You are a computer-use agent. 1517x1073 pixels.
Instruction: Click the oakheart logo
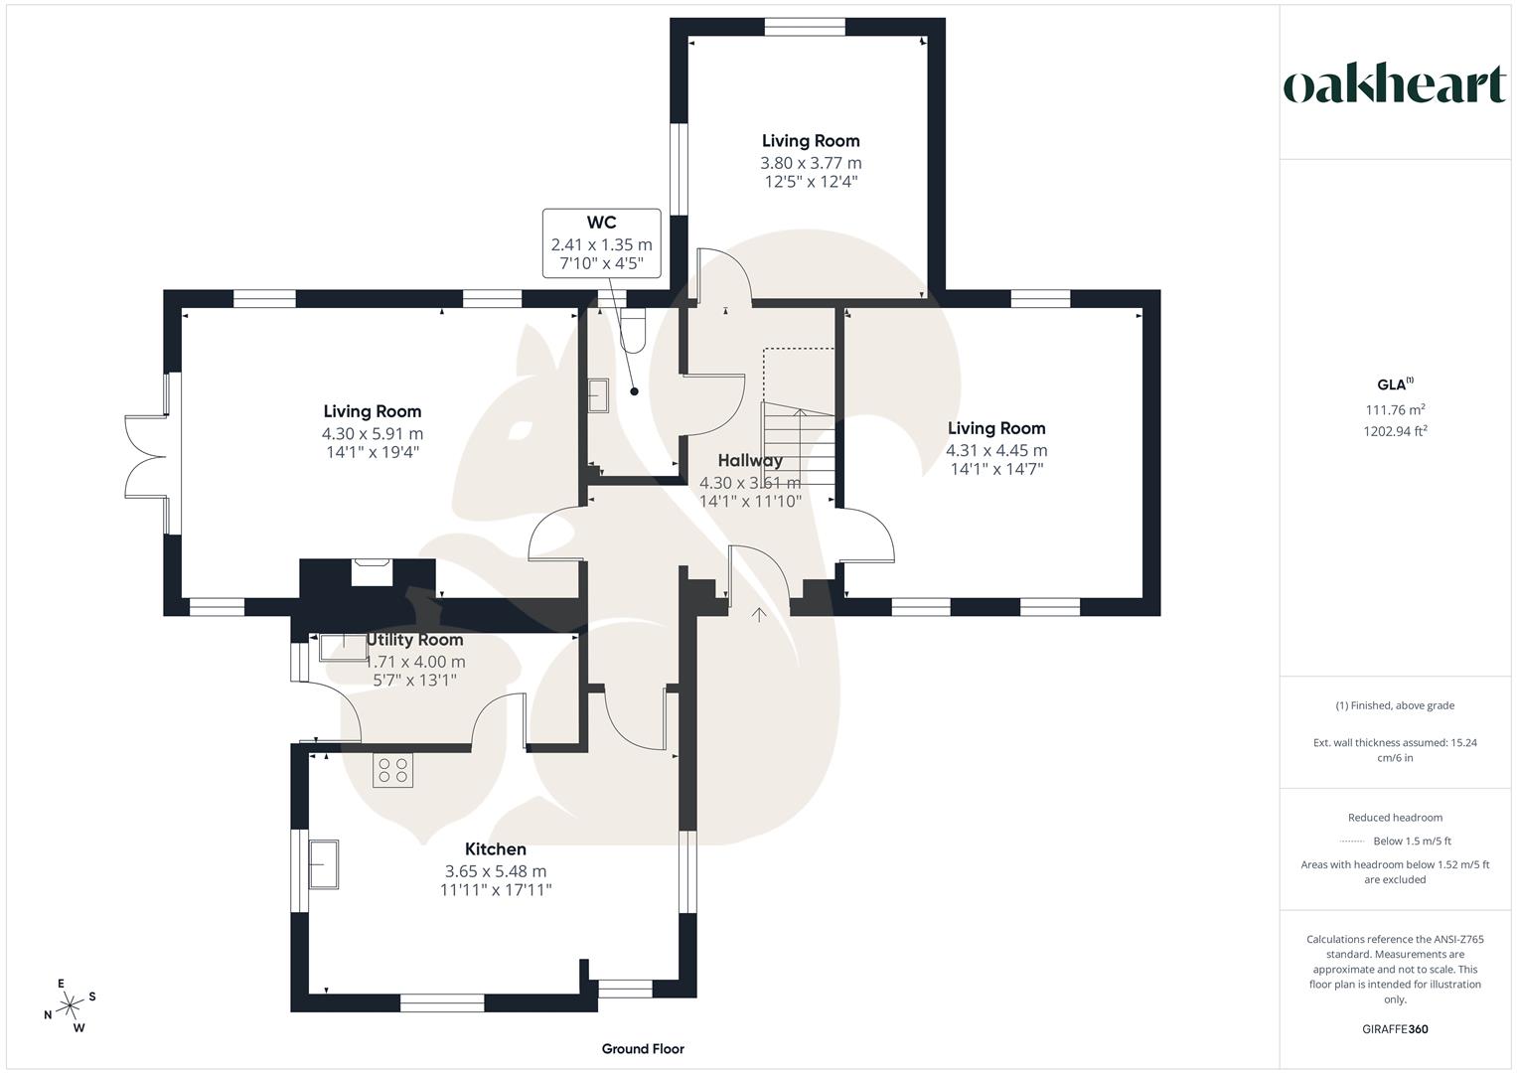point(1394,84)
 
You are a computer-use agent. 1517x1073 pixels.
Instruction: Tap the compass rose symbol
point(70,1006)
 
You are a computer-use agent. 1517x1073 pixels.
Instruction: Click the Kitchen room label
point(496,849)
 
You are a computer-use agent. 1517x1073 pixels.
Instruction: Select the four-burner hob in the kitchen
point(393,771)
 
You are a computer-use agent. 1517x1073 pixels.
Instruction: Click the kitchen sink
point(324,864)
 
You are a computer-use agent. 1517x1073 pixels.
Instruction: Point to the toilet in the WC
point(633,331)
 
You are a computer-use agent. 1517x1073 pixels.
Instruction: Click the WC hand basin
point(598,395)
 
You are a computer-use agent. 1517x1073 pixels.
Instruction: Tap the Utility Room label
point(415,640)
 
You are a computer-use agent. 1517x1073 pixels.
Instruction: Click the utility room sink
point(343,647)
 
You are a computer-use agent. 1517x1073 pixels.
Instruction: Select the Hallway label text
point(750,460)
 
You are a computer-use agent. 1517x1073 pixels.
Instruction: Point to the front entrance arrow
point(759,615)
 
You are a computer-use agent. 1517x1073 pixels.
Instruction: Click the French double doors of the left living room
point(145,457)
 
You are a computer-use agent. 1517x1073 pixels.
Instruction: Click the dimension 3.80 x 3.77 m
point(811,163)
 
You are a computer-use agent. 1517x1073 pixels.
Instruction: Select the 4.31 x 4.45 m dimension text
point(996,450)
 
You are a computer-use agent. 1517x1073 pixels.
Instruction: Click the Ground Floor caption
point(643,1048)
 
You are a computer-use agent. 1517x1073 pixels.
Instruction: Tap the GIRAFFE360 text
point(1395,1029)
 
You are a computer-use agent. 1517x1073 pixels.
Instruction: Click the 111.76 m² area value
point(1395,409)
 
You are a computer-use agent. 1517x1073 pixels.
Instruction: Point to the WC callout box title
point(601,223)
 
